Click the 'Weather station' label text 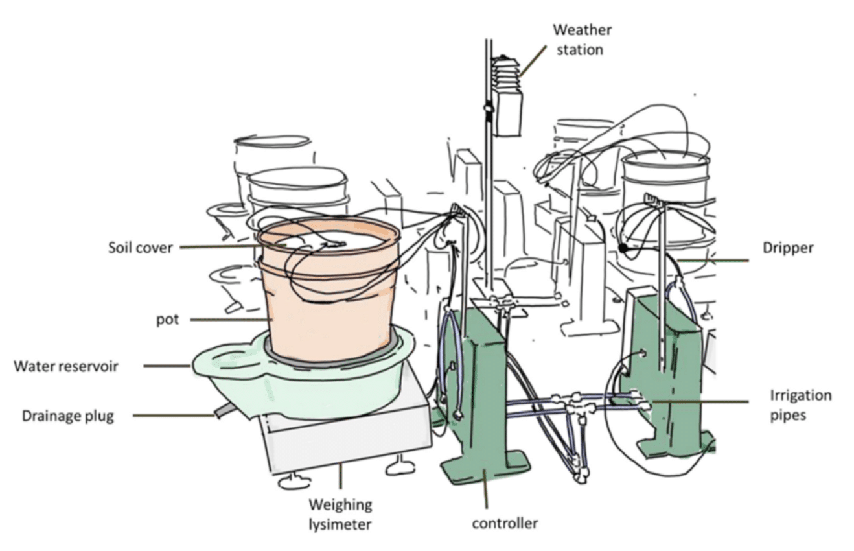(581, 40)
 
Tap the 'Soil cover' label (141, 248)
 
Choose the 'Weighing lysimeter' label (340, 513)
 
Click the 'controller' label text (505, 522)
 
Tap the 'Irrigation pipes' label (800, 404)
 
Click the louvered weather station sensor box (505, 97)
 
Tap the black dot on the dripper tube (624, 248)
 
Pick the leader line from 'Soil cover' (220, 247)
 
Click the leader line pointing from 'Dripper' (713, 261)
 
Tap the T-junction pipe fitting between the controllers (574, 407)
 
